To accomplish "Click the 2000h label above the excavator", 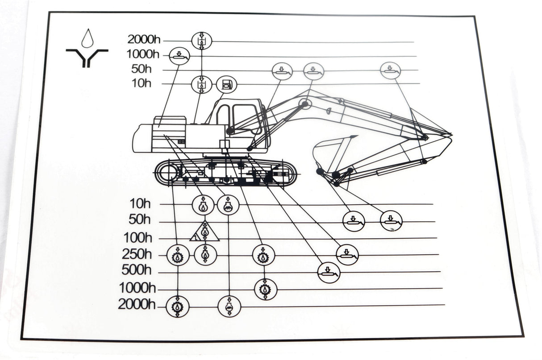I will coord(144,39).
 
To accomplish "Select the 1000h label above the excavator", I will coord(143,54).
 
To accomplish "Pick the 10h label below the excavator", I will coord(140,203).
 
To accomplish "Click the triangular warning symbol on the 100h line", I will coord(204,232).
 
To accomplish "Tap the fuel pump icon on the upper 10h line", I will coord(227,84).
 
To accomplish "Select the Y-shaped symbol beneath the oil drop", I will coord(88,57).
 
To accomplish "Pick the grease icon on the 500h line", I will coord(329,272).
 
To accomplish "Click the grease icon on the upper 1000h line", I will coord(179,56).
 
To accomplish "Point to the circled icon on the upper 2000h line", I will coord(202,41).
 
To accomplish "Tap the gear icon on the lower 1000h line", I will coord(265,289).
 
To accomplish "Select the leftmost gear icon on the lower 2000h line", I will coord(178,306).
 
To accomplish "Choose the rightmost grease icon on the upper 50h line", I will coord(391,70).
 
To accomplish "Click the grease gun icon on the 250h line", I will coord(347,255).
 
